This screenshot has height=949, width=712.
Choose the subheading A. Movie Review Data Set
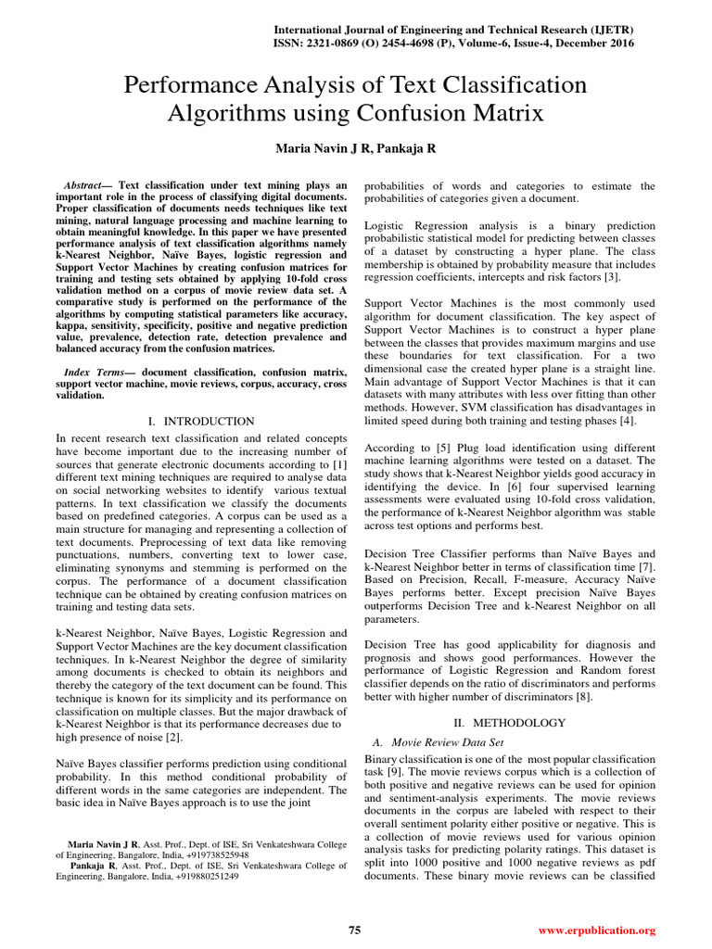[x=437, y=742]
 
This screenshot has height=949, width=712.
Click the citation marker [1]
[x=340, y=463]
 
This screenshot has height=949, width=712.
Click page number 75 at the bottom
[x=354, y=930]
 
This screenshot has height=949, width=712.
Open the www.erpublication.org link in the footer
[x=596, y=930]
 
